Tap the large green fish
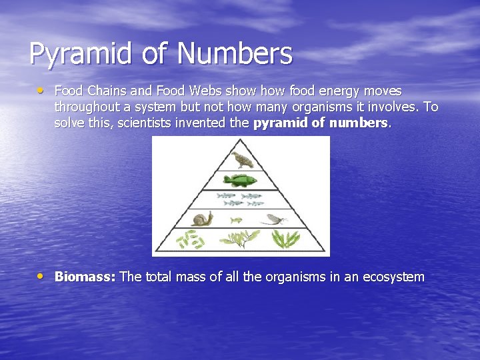[240, 180]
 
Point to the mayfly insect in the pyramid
[274, 218]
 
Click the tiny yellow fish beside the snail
[236, 219]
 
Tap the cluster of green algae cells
[190, 239]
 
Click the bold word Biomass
[85, 277]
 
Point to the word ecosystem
[393, 277]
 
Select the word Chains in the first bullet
[105, 91]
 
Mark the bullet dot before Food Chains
[42, 89]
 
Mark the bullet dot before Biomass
[42, 275]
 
